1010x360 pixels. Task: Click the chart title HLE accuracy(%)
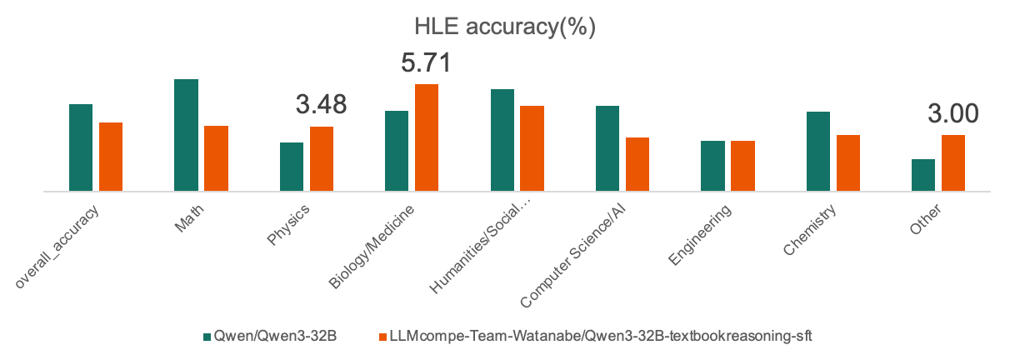click(x=505, y=27)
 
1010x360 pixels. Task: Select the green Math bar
click(x=186, y=135)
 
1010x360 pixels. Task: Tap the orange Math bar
click(x=216, y=158)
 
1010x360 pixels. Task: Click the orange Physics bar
click(x=322, y=158)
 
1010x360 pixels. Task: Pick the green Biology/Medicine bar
click(x=397, y=151)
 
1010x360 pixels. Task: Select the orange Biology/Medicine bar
click(x=427, y=137)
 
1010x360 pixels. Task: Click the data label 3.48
click(x=321, y=104)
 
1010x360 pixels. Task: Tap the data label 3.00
click(x=952, y=114)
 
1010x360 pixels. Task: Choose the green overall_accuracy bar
click(x=81, y=147)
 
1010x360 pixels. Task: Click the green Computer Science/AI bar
click(x=607, y=148)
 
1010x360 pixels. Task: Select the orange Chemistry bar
click(x=848, y=162)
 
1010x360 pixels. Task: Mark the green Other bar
click(x=923, y=175)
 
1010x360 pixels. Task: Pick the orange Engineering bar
click(x=742, y=166)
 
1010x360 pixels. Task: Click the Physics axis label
click(x=288, y=225)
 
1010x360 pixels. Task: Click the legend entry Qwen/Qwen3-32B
click(x=276, y=336)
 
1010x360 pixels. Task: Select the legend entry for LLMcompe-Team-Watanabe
click(x=596, y=336)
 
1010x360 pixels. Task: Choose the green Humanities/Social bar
click(x=502, y=140)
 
